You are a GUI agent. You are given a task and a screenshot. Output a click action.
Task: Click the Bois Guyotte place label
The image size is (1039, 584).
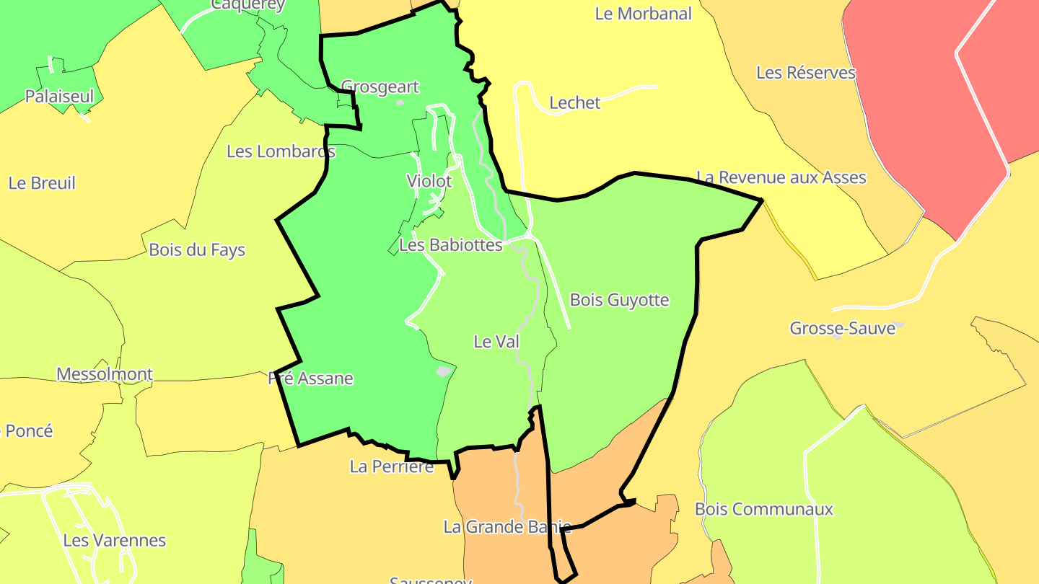[619, 300]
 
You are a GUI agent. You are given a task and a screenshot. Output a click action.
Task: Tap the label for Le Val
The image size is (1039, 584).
[496, 342]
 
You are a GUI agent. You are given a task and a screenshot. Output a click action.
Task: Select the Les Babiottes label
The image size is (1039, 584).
[451, 245]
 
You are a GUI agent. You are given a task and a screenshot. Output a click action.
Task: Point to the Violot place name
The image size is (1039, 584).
[429, 181]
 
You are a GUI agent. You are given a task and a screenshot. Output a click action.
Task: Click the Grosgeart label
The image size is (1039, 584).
[380, 87]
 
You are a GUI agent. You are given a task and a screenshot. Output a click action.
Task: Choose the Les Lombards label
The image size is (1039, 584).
[281, 151]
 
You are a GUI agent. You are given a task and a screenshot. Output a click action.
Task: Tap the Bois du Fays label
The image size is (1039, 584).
[197, 250]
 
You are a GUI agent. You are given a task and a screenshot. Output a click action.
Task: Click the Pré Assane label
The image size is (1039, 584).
[310, 379]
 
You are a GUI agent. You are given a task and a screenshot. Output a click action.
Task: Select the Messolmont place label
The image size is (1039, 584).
[105, 374]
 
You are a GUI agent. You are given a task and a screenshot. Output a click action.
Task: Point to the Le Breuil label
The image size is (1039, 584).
[42, 183]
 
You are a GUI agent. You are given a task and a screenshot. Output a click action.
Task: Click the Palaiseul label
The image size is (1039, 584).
[59, 96]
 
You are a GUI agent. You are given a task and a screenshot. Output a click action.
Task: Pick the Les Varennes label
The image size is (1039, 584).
[114, 540]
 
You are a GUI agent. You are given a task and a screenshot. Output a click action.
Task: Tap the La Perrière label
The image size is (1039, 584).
[392, 466]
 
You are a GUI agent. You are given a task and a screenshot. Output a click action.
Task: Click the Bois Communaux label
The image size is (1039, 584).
[763, 509]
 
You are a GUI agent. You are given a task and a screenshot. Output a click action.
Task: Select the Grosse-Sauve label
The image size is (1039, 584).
[842, 329]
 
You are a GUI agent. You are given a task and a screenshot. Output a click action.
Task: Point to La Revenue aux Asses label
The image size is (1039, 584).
[781, 177]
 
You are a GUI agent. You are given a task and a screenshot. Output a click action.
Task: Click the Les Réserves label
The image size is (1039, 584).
[806, 73]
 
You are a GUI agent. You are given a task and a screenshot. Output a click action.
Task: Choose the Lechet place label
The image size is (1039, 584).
[574, 103]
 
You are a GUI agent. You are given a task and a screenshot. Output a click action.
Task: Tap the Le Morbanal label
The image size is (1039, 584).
[643, 14]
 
